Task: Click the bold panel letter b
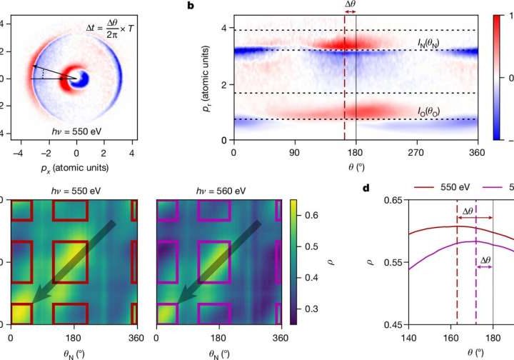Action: [x=190, y=6]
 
